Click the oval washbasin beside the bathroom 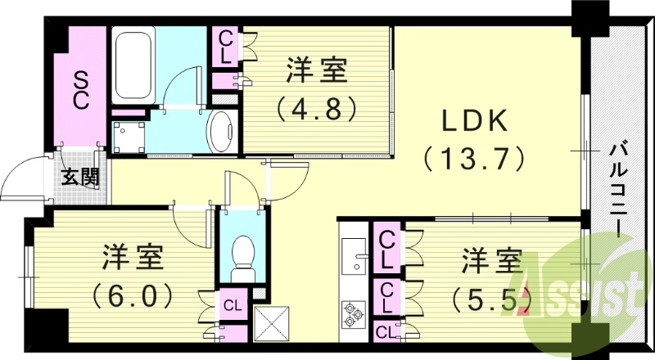coord(221,131)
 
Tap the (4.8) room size coord(318,107)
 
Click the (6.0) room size coord(133,292)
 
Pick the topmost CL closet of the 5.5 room coord(388,250)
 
